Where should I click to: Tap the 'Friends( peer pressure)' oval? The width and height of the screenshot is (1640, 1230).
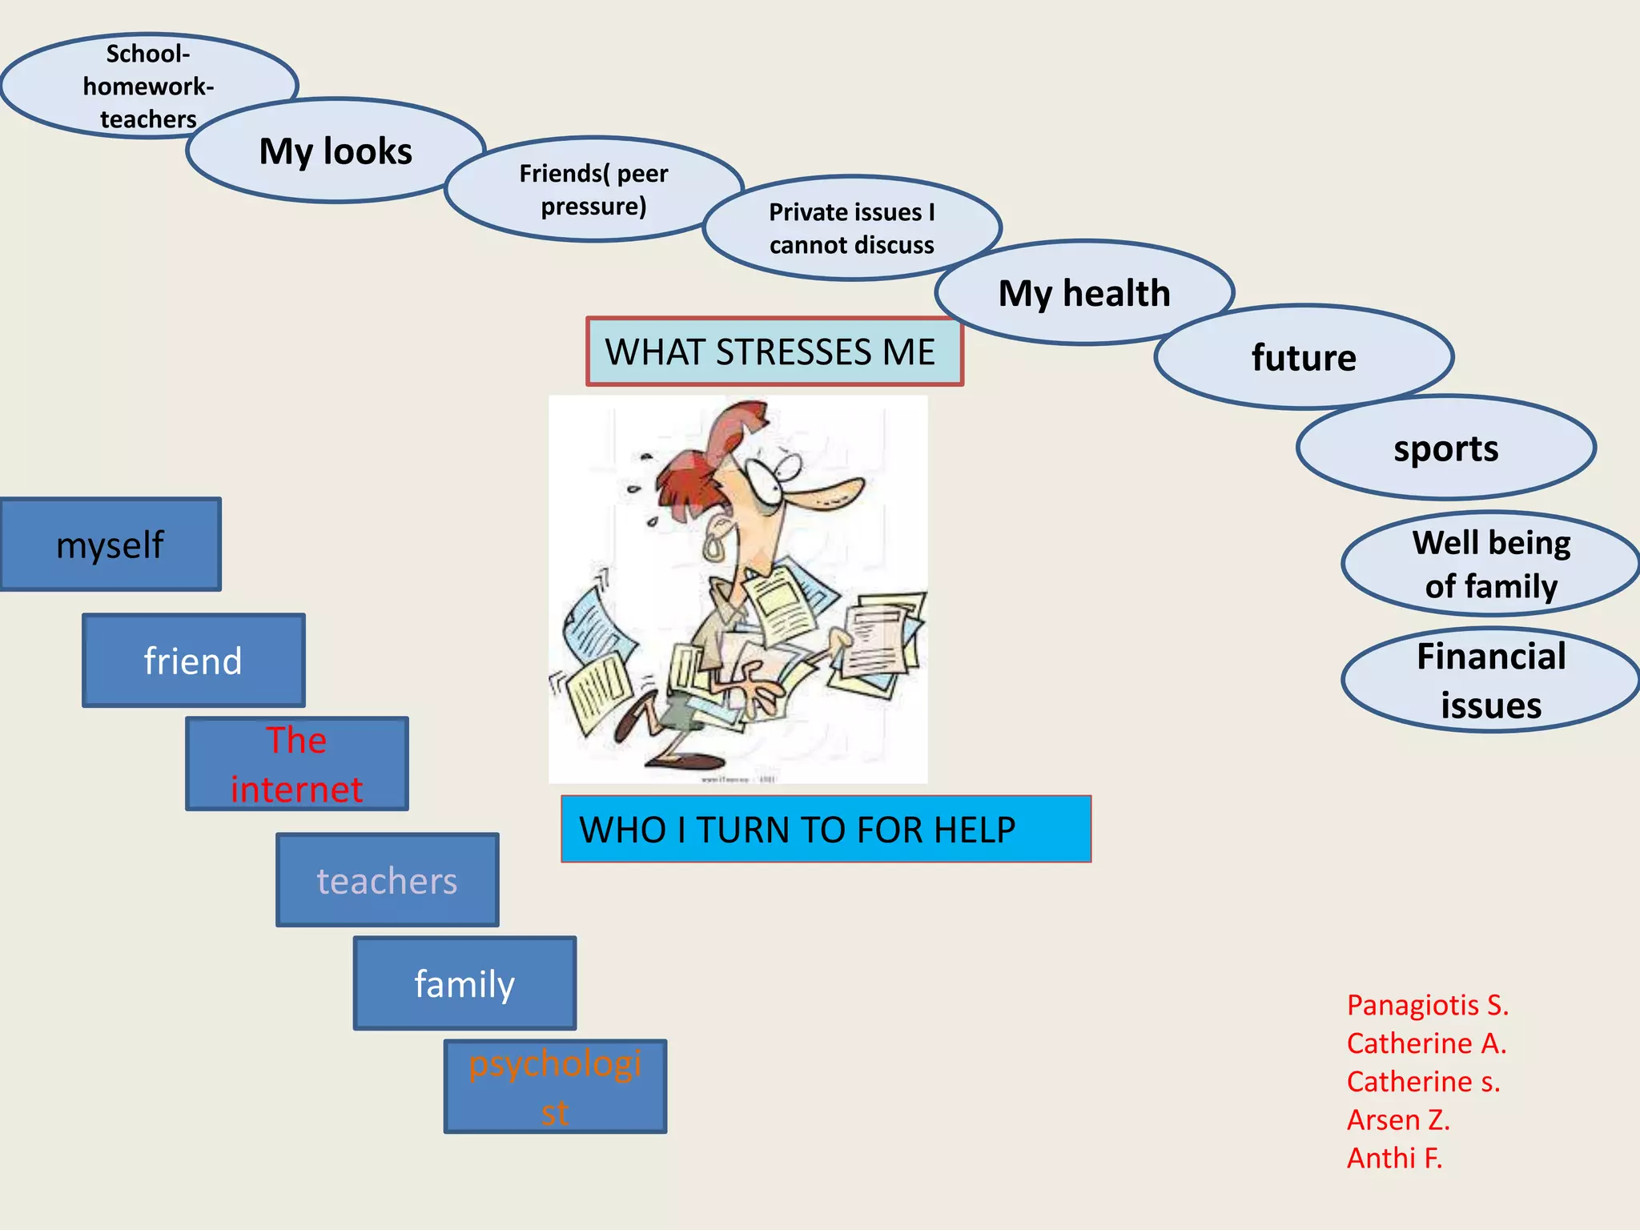pyautogui.click(x=593, y=190)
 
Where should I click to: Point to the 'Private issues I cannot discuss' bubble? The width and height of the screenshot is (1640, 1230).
pyautogui.click(x=851, y=228)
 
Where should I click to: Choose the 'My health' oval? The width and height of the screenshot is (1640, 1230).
pyautogui.click(x=1083, y=293)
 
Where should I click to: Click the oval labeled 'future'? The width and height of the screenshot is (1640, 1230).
pyautogui.click(x=1304, y=357)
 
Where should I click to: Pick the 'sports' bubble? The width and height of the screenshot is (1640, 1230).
pyautogui.click(x=1445, y=448)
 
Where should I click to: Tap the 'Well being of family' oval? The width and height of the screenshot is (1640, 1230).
pyautogui.click(x=1491, y=564)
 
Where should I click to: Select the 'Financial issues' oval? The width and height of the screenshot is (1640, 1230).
pyautogui.click(x=1491, y=680)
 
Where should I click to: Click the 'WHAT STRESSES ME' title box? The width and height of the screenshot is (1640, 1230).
pyautogui.click(x=774, y=352)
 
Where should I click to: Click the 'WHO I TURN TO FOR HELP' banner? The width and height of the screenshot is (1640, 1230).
pyautogui.click(x=826, y=829)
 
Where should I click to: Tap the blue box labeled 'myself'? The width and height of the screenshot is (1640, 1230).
pyautogui.click(x=111, y=545)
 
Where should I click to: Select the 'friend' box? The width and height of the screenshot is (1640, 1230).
pyautogui.click(x=193, y=661)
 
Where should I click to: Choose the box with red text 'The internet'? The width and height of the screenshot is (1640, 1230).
pyautogui.click(x=297, y=764)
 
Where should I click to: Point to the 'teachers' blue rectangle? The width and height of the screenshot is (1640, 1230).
pyautogui.click(x=387, y=880)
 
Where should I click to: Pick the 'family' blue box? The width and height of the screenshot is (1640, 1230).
pyautogui.click(x=464, y=983)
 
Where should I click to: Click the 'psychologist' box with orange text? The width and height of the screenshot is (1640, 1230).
pyautogui.click(x=555, y=1087)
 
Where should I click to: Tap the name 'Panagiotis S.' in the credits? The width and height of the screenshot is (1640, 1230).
pyautogui.click(x=1427, y=1005)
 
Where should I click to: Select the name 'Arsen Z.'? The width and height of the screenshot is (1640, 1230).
pyautogui.click(x=1398, y=1119)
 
